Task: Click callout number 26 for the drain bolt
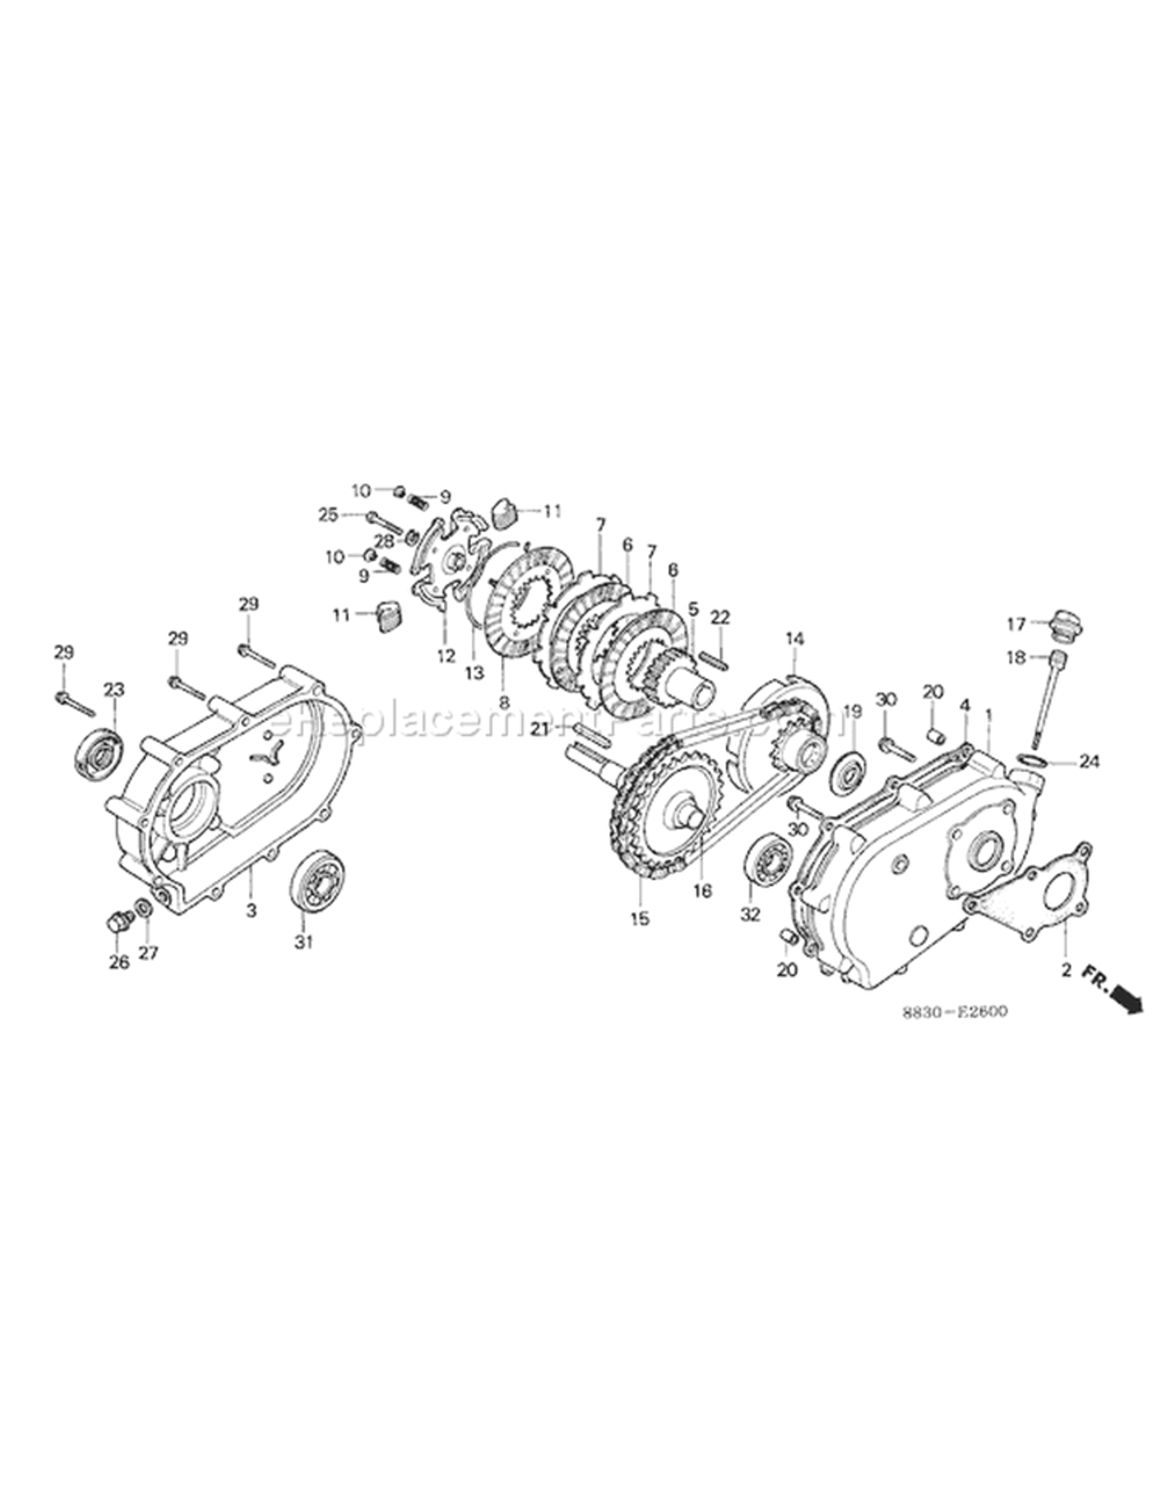click(119, 962)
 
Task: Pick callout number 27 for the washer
click(148, 953)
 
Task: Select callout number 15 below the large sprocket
click(639, 919)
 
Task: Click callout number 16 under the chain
click(702, 891)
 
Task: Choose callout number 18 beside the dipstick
click(1017, 657)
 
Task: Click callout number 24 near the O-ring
click(1089, 762)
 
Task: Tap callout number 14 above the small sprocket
click(795, 639)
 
